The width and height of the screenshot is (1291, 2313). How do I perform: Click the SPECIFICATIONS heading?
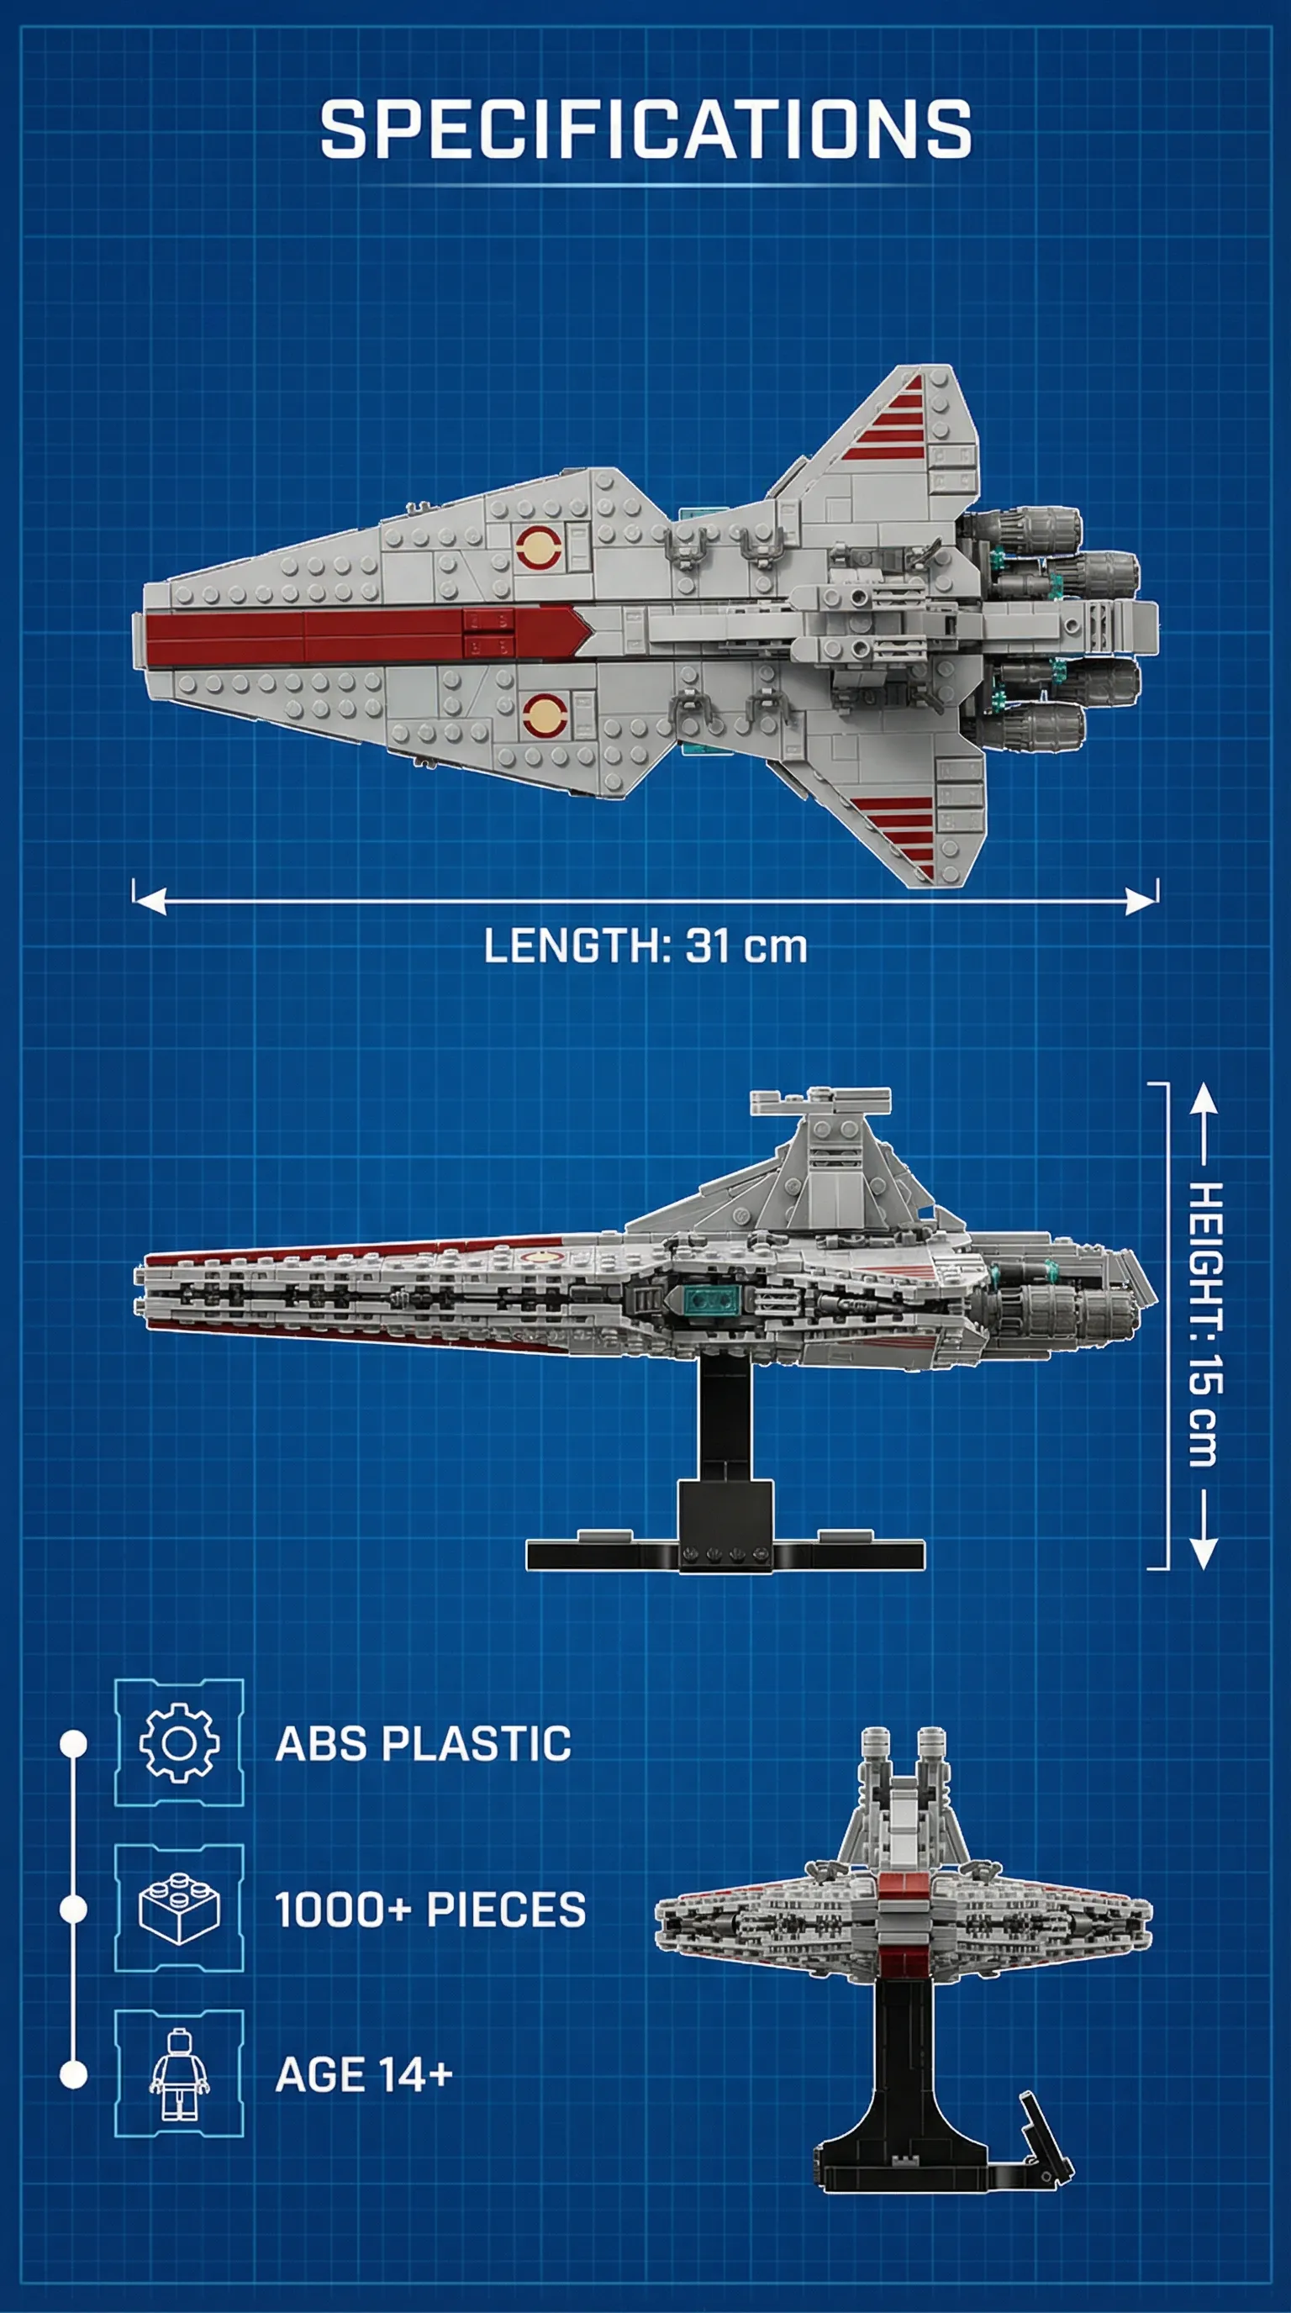[x=645, y=129]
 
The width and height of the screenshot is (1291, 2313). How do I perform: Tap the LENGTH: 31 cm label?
[x=645, y=946]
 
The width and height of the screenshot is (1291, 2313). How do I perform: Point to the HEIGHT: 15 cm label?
[x=1204, y=1325]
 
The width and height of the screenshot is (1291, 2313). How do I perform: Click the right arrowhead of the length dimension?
[x=1141, y=901]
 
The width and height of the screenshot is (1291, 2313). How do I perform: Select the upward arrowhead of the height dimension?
[x=1204, y=1099]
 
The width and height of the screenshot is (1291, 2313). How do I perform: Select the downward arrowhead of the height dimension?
[x=1204, y=1552]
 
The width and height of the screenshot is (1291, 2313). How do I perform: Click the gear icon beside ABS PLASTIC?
[x=179, y=1743]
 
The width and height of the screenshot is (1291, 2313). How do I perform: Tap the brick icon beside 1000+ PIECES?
[x=180, y=1909]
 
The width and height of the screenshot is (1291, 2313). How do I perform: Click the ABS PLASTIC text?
[x=423, y=1744]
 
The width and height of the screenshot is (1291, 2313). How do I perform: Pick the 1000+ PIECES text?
[x=430, y=1910]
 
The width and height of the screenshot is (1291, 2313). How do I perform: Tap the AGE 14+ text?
[x=364, y=2075]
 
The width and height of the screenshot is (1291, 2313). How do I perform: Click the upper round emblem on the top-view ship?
[x=540, y=549]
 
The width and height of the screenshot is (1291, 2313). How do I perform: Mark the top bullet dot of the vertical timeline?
[x=74, y=1744]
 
